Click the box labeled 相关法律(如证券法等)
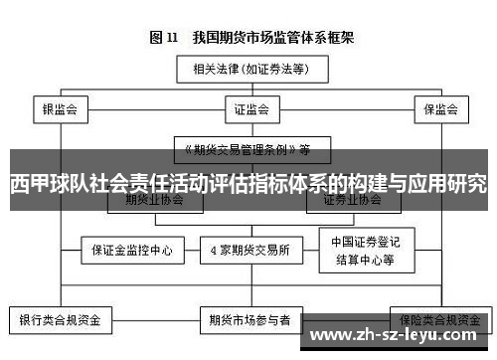click(248, 69)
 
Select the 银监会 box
click(61, 108)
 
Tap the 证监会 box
click(248, 108)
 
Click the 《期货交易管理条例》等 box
click(248, 150)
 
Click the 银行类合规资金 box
click(61, 321)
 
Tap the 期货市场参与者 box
click(249, 321)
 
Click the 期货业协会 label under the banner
click(154, 200)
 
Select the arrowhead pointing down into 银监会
click(61, 94)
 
